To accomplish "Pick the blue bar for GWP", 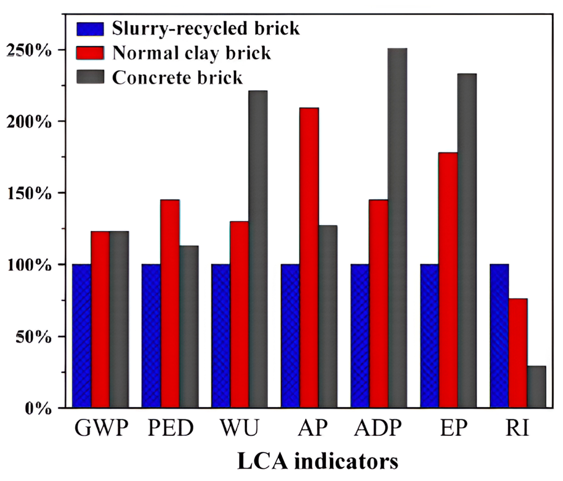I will (82, 336).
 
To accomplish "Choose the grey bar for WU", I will (258, 249).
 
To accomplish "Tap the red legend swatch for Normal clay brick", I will (90, 53).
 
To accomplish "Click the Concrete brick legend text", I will (177, 78).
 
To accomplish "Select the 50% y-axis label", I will (33, 337).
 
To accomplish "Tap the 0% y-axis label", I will (38, 409).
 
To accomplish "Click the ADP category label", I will (378, 428).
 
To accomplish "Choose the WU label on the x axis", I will (239, 428).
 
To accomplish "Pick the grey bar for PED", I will (189, 327).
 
